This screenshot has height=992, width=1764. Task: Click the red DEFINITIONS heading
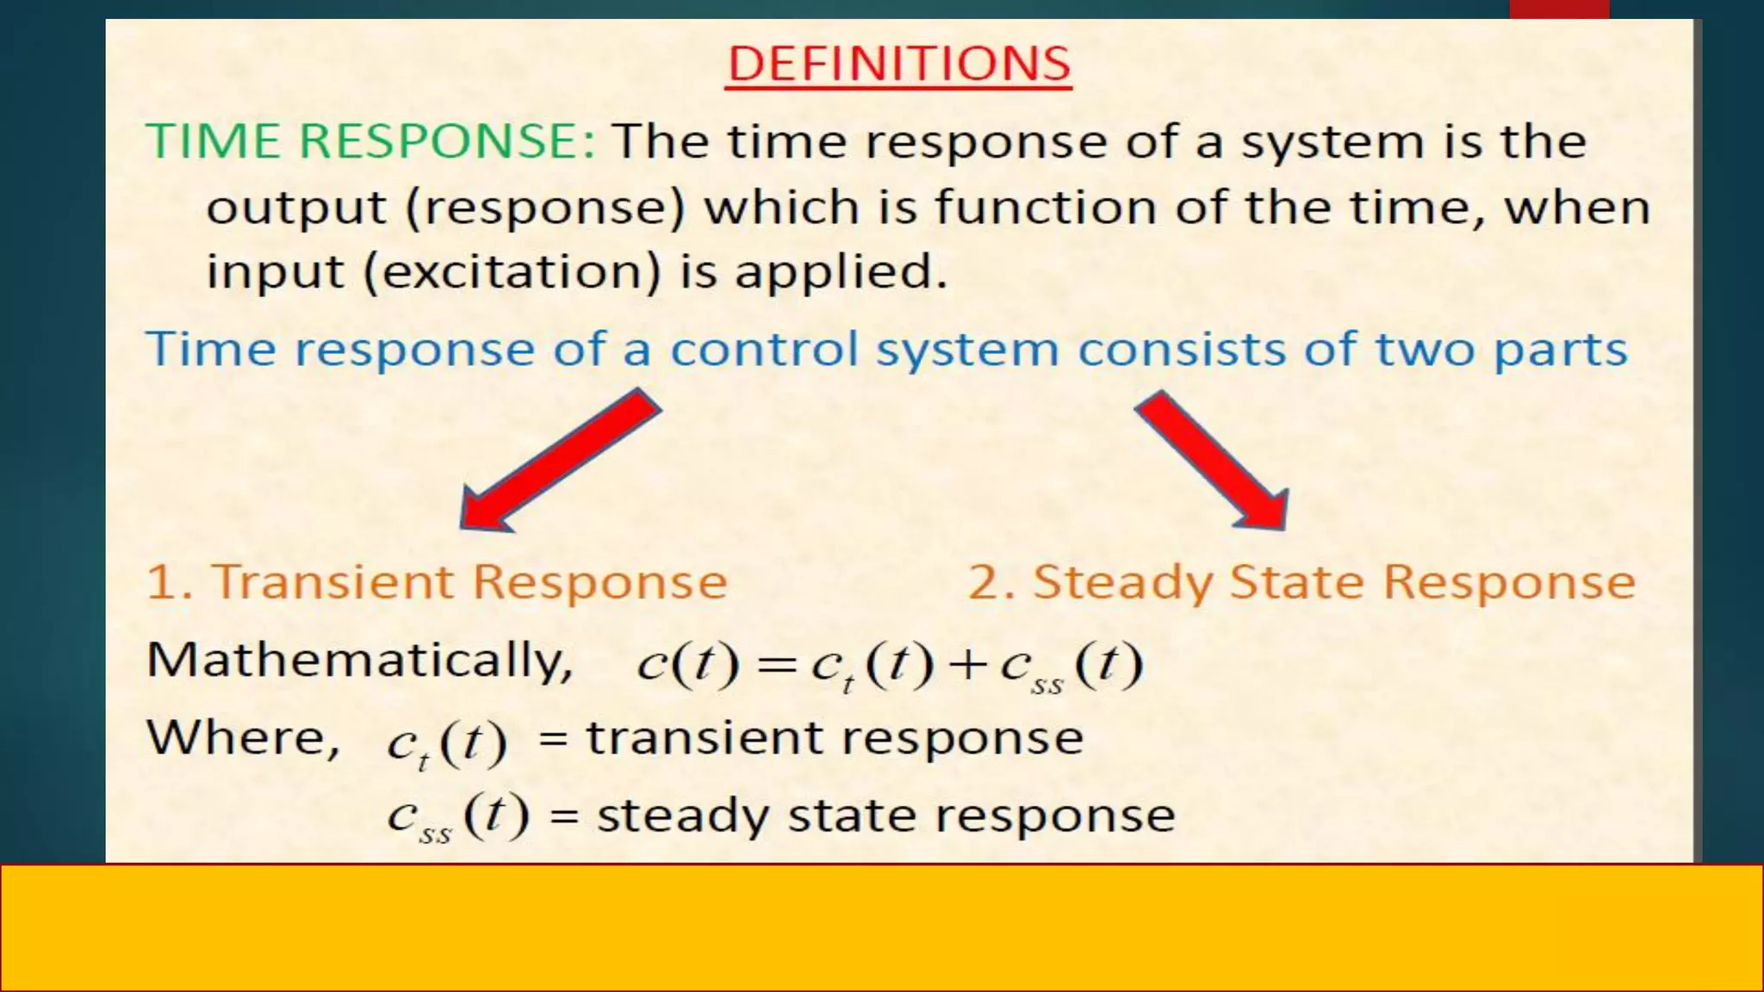pos(898,64)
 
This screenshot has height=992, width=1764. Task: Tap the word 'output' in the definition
pos(296,209)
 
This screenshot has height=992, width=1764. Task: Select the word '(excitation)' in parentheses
pos(512,272)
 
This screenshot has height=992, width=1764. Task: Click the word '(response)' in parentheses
pos(545,209)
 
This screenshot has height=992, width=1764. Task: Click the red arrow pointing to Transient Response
pos(560,461)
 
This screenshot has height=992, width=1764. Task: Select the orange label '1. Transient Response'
pos(437,582)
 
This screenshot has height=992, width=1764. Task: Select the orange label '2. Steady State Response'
pos(1301,582)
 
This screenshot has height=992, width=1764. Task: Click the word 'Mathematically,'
pos(359,661)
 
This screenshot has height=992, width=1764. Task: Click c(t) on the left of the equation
pos(687,665)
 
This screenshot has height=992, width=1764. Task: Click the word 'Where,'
pos(243,739)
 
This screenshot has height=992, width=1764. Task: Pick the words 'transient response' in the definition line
pos(834,739)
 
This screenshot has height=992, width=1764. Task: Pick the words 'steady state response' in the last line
pos(885,815)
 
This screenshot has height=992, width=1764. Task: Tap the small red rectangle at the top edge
pos(1559,9)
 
